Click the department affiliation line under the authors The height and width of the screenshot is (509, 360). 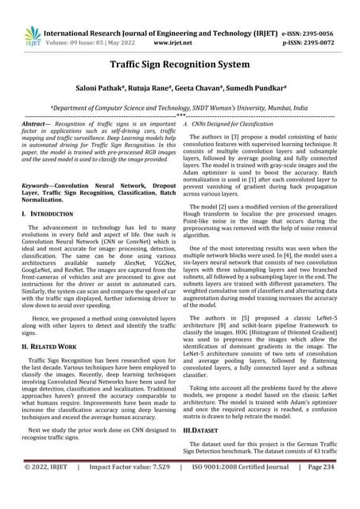[180, 103]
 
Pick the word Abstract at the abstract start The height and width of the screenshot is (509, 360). [33, 125]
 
